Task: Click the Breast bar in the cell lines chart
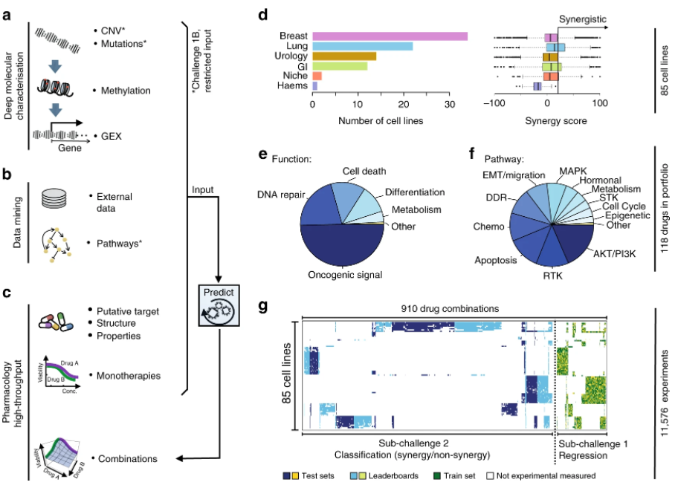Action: pyautogui.click(x=390, y=36)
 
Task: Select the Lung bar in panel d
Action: pyautogui.click(x=363, y=46)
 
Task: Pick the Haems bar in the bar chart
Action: pyautogui.click(x=315, y=86)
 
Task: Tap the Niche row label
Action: pyautogui.click(x=286, y=76)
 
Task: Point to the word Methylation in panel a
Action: pyautogui.click(x=124, y=90)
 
